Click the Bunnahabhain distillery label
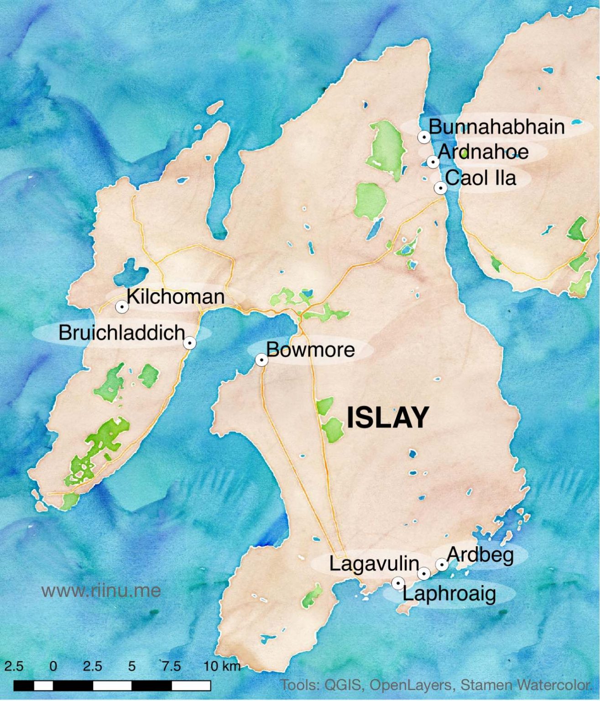tap(496, 127)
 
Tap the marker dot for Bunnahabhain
tap(424, 136)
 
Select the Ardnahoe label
tap(483, 152)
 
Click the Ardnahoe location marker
tap(433, 162)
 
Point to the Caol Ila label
tap(480, 178)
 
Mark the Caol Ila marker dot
tap(440, 188)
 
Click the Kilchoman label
tap(176, 297)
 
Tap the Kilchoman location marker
tap(122, 307)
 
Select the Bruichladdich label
tap(122, 333)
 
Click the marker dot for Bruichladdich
tap(190, 343)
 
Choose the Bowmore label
tap(310, 350)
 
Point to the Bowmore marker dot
tap(261, 360)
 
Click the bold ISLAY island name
tap(388, 418)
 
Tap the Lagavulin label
tap(374, 564)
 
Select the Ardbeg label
tap(480, 555)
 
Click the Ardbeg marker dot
tap(441, 565)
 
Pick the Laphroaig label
tap(449, 594)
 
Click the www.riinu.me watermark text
tap(101, 591)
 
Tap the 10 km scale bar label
tap(222, 666)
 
